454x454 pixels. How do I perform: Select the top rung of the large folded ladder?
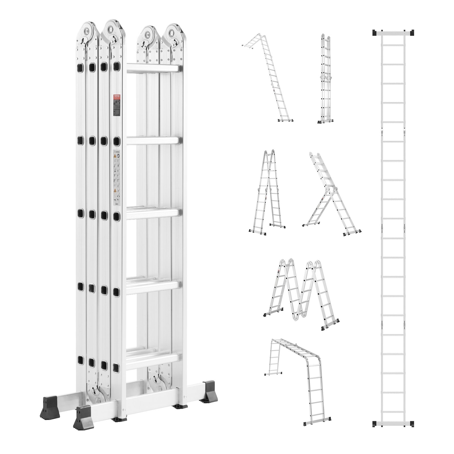click(x=154, y=68)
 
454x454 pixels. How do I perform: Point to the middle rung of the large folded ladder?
click(x=154, y=213)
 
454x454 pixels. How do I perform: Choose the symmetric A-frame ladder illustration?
click(x=267, y=193)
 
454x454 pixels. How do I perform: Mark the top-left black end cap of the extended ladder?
click(x=376, y=33)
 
